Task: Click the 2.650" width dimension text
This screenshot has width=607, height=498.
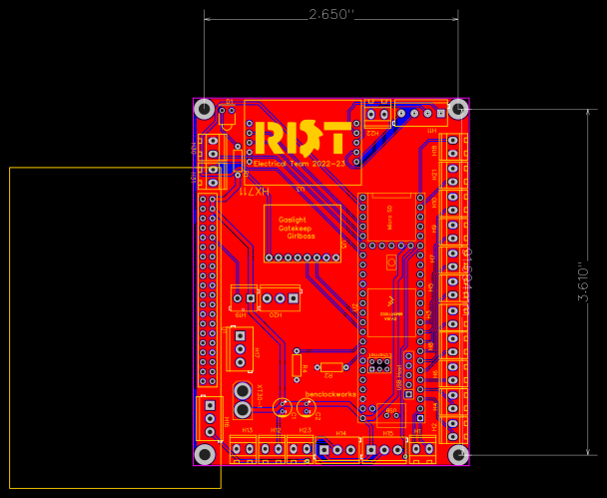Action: pos(331,14)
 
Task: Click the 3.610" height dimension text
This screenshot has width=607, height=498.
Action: pos(583,283)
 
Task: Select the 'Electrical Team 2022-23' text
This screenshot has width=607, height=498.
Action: pos(300,163)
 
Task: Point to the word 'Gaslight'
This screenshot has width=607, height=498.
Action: pos(293,220)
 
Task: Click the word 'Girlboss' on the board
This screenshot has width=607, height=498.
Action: pos(301,237)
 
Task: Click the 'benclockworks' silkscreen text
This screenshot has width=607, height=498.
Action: pos(330,393)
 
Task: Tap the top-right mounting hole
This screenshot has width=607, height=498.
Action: pos(458,108)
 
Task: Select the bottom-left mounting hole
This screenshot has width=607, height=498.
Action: pos(205,454)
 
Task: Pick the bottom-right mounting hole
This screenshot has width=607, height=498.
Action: pos(459,454)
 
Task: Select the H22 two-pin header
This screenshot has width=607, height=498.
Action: pos(376,113)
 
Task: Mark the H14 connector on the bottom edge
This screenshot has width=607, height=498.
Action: pos(339,450)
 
